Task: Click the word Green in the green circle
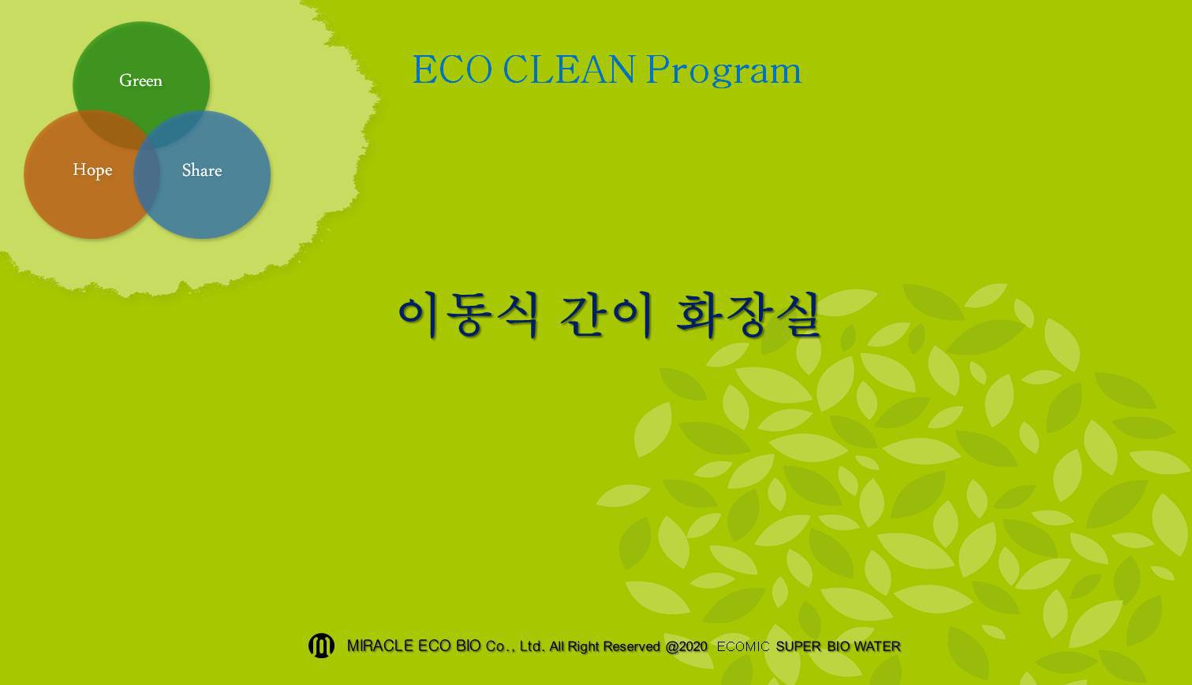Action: [140, 80]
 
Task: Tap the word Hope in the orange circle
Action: [92, 170]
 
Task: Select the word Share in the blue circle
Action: [202, 170]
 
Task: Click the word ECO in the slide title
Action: [452, 69]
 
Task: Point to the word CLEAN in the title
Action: [568, 69]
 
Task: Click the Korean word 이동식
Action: [469, 315]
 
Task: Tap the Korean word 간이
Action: [606, 315]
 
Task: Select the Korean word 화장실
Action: [748, 315]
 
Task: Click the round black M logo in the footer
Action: [321, 646]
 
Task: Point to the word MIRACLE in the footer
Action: [380, 646]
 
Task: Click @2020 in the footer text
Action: [686, 646]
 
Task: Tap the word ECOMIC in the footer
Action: [743, 646]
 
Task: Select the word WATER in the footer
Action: [877, 646]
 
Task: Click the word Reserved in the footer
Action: [632, 646]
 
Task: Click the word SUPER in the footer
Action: [798, 646]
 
